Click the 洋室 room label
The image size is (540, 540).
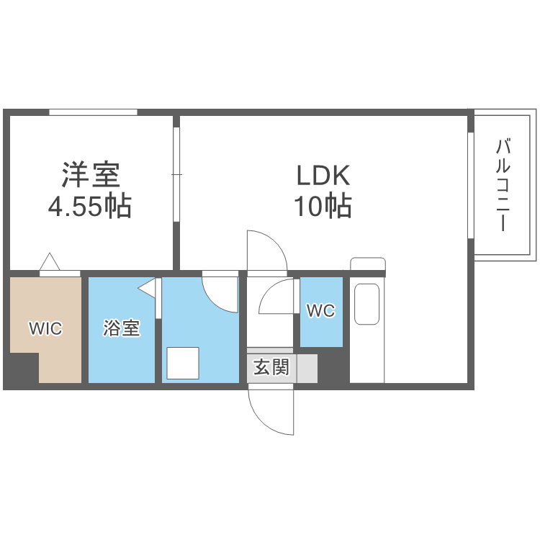91,174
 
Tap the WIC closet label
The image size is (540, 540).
45,329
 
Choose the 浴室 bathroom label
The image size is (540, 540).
121,329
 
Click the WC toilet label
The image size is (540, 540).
320,311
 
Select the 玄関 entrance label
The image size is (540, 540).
271,368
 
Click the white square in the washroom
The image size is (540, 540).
183,362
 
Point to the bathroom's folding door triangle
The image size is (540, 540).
148,289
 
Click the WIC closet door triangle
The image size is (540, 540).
50,262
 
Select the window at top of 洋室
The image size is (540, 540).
93,112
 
